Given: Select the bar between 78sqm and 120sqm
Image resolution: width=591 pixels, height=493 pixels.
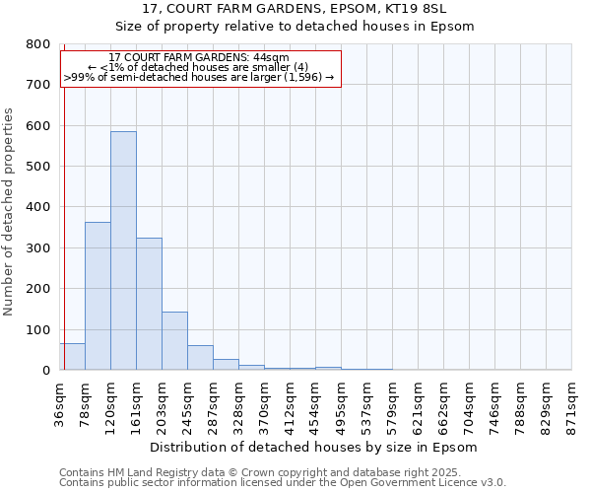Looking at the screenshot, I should pyautogui.click(x=98, y=296).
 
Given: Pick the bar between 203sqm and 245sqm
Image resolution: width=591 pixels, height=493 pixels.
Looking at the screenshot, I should pyautogui.click(x=174, y=341).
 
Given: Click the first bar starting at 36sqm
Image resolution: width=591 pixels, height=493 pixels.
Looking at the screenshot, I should pyautogui.click(x=72, y=357).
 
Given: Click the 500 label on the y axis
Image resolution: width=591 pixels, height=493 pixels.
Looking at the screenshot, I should pyautogui.click(x=37, y=167).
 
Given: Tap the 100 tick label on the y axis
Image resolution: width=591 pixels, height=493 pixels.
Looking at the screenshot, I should pyautogui.click(x=37, y=330).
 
